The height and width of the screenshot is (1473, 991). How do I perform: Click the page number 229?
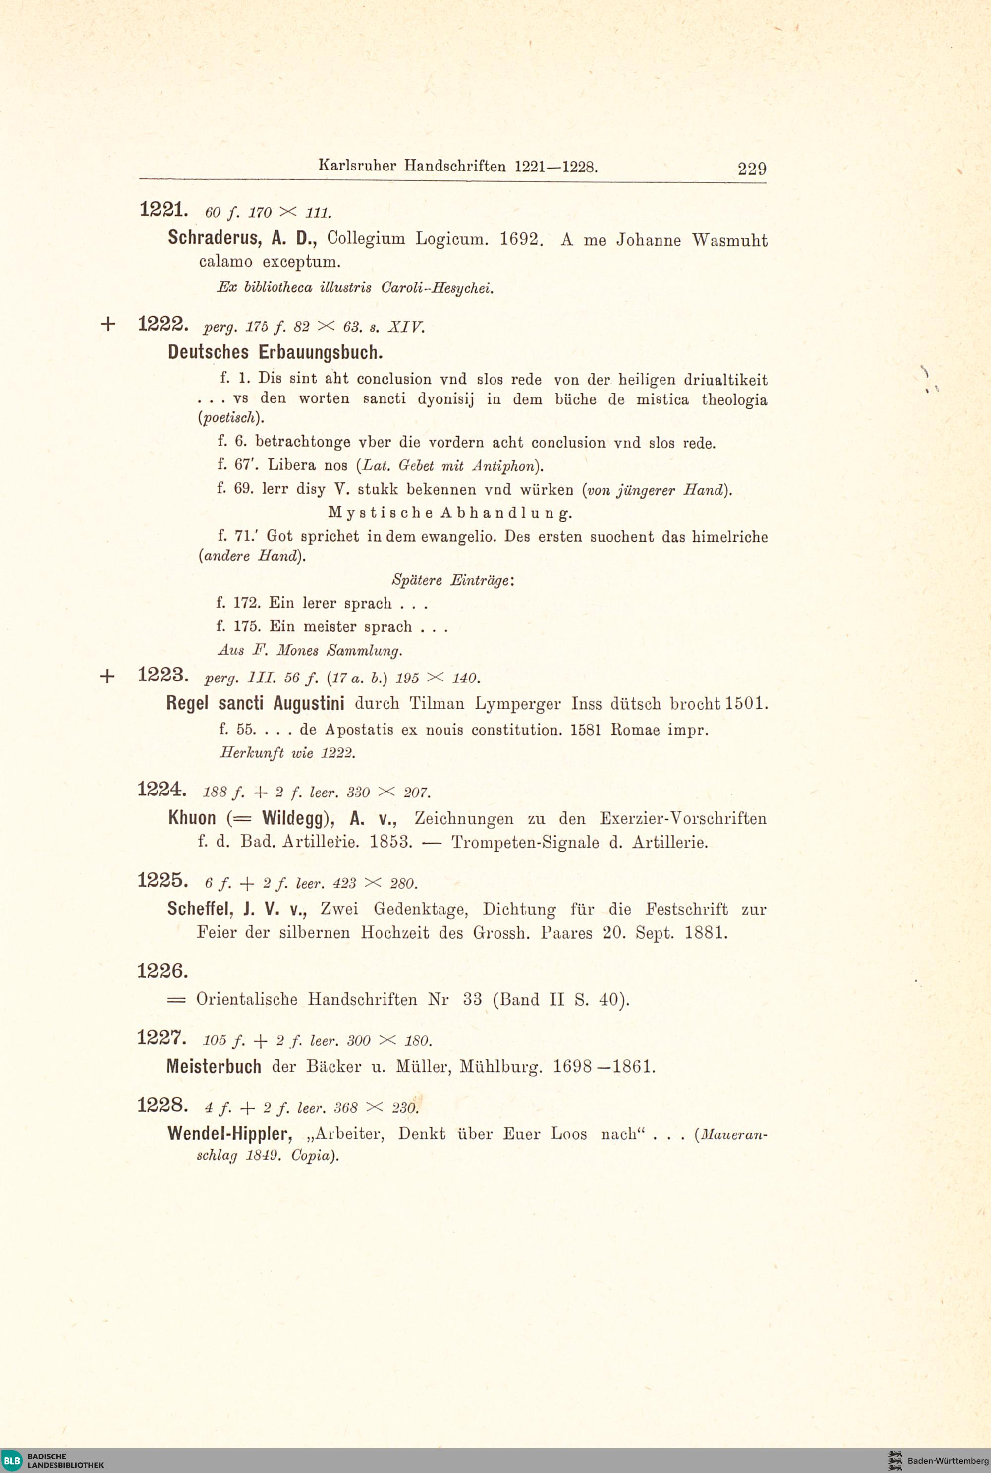tap(752, 169)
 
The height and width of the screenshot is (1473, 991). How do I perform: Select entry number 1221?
tap(162, 209)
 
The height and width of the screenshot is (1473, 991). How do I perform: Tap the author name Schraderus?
tap(214, 238)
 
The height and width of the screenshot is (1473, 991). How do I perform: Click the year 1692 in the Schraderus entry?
tap(519, 240)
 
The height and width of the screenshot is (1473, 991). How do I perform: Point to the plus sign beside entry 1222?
tap(108, 324)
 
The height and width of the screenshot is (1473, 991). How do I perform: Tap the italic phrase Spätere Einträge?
tap(452, 580)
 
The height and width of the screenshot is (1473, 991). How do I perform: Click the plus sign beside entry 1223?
tap(108, 677)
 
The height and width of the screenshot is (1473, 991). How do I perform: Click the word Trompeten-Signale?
tap(525, 842)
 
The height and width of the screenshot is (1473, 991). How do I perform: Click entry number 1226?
tap(162, 970)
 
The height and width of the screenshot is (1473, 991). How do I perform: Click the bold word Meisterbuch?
tap(214, 1067)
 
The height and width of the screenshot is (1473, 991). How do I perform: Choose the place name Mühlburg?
tap(500, 1067)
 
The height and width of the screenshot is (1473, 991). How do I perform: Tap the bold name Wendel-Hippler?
tap(229, 1133)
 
